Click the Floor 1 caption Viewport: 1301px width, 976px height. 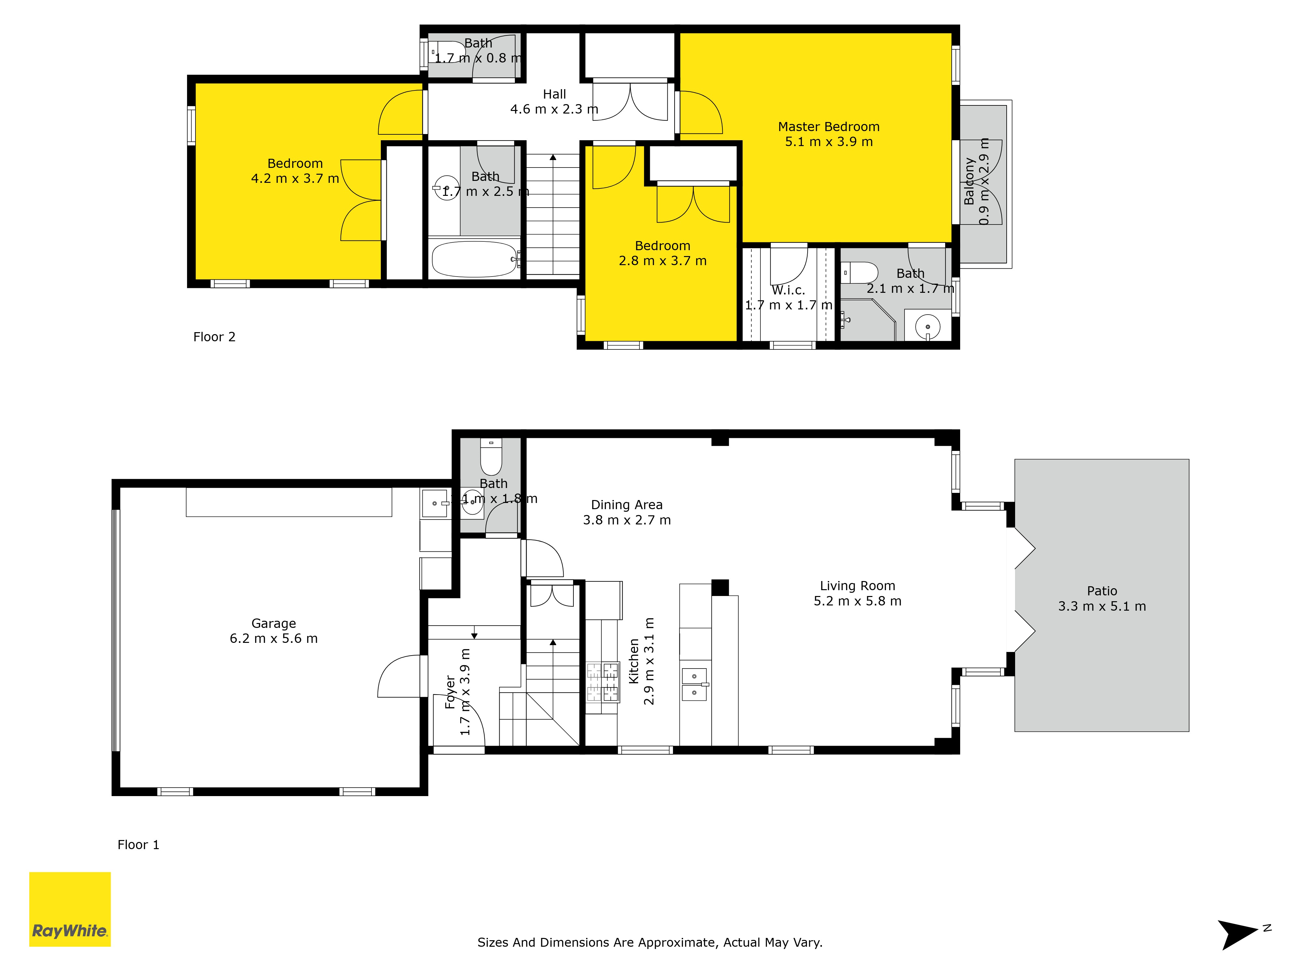138,845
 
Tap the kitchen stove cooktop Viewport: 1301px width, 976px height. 603,683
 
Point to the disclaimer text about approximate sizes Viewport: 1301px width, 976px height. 650,942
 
